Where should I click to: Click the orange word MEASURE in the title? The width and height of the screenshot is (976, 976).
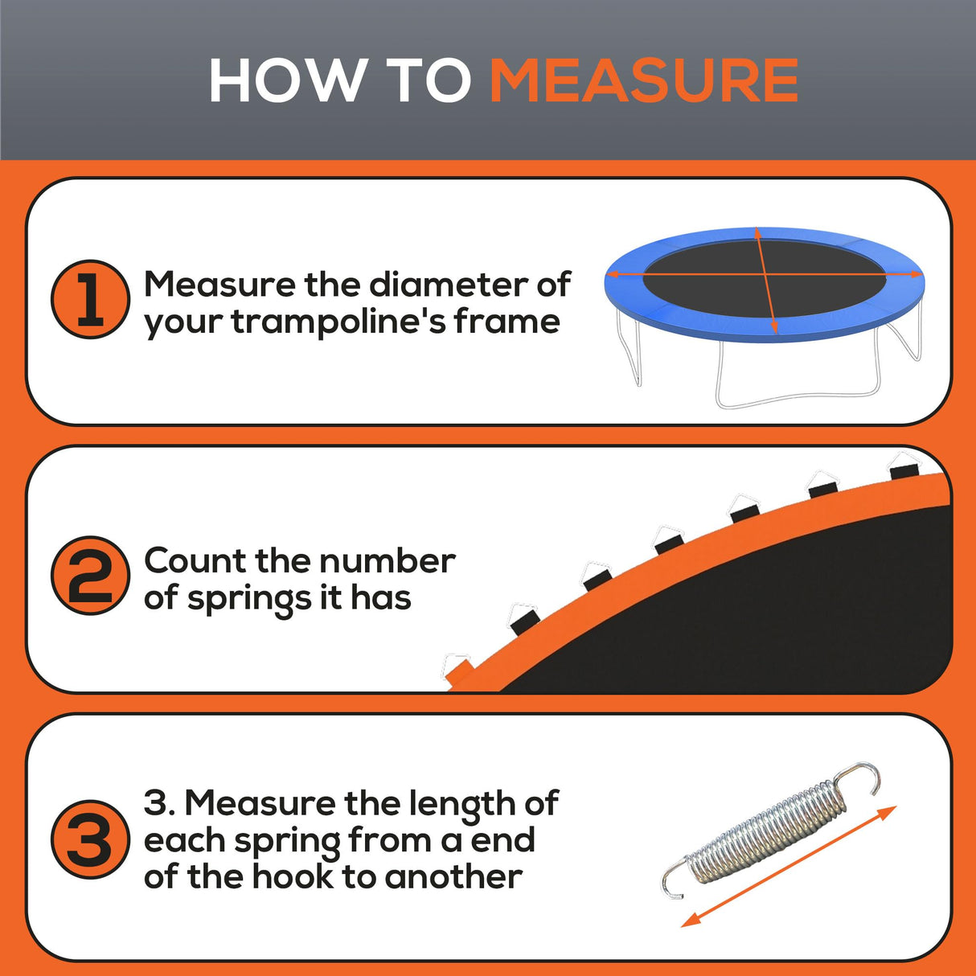click(644, 81)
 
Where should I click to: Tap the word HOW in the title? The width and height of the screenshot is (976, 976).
click(285, 81)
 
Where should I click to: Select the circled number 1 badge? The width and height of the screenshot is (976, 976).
click(90, 299)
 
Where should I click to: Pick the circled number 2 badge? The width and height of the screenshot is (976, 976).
click(90, 576)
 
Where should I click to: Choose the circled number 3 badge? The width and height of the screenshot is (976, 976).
click(90, 839)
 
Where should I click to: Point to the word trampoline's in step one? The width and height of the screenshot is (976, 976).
click(338, 322)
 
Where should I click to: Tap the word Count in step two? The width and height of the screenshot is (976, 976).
click(195, 560)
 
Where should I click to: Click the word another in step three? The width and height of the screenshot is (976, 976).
click(453, 876)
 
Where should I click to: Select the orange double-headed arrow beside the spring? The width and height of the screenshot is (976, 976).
click(788, 867)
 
